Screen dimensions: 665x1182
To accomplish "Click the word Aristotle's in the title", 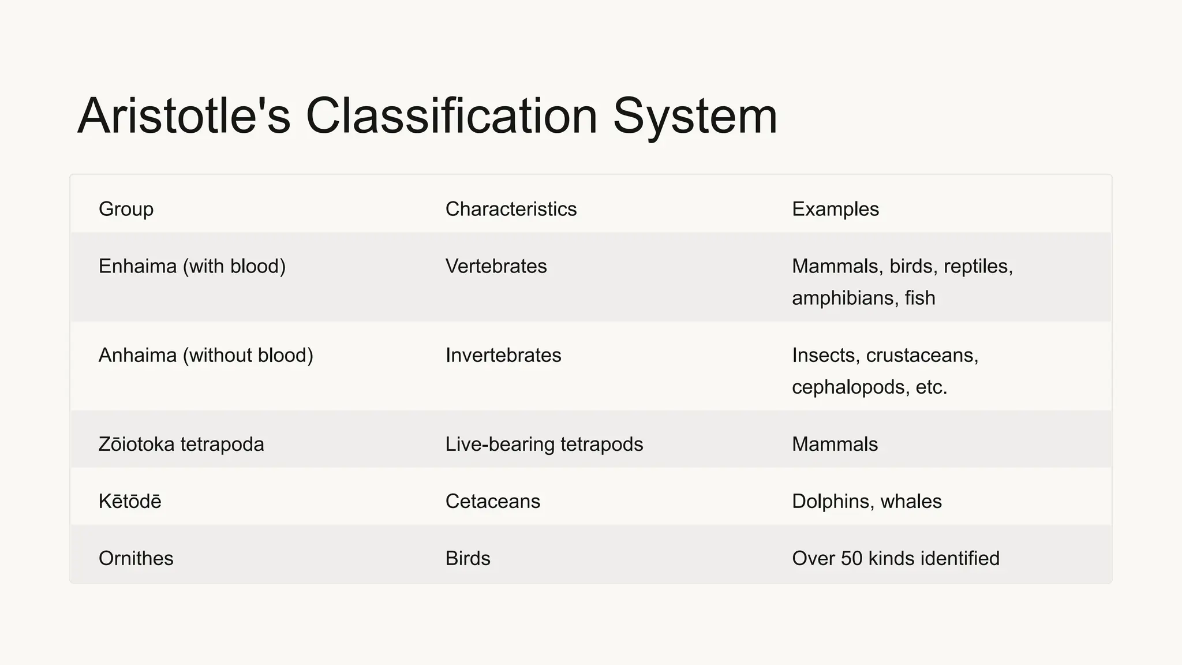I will point(184,116).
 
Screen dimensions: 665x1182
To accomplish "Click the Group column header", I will point(126,209).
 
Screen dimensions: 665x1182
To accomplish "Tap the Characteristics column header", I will point(511,209).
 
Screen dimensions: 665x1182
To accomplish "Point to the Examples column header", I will point(835,209).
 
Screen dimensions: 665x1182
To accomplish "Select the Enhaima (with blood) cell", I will point(192,266).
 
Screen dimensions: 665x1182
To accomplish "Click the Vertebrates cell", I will point(496,266).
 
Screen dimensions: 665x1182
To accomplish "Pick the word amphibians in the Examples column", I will point(843,298).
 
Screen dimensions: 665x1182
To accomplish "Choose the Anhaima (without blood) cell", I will point(205,355).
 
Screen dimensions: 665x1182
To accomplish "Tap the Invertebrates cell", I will point(503,355).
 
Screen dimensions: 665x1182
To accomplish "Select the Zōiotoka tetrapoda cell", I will point(181,444).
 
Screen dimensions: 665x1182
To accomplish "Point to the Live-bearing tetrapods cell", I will point(544,444).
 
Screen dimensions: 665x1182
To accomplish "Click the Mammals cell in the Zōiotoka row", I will point(835,444).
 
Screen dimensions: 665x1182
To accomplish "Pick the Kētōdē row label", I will point(130,501).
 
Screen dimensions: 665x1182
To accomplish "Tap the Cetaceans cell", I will point(493,501).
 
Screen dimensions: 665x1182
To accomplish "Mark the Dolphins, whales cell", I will point(866,501).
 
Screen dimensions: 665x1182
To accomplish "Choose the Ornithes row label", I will point(136,558).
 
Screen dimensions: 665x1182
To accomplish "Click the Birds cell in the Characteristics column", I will point(467,558).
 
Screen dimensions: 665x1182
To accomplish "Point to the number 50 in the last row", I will point(851,558).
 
